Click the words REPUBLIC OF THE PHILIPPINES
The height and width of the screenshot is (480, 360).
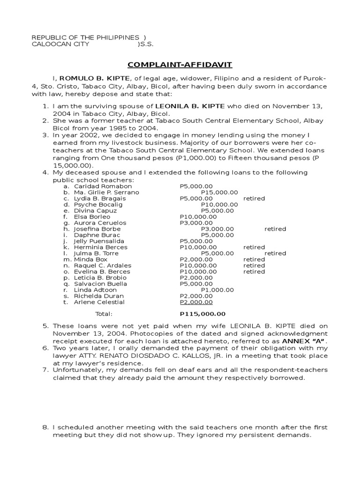click(x=85, y=37)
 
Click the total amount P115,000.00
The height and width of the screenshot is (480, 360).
click(x=202, y=314)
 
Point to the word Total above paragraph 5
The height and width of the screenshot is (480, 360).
click(x=104, y=314)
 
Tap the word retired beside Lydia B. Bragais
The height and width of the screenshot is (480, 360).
click(x=254, y=198)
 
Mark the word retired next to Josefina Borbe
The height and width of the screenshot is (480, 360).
click(x=275, y=229)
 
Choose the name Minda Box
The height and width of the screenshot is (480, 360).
click(x=90, y=259)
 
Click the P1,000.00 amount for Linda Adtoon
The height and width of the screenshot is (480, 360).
click(x=217, y=290)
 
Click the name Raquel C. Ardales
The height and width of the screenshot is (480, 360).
click(x=102, y=265)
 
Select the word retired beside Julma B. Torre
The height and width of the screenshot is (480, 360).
click(x=275, y=253)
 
